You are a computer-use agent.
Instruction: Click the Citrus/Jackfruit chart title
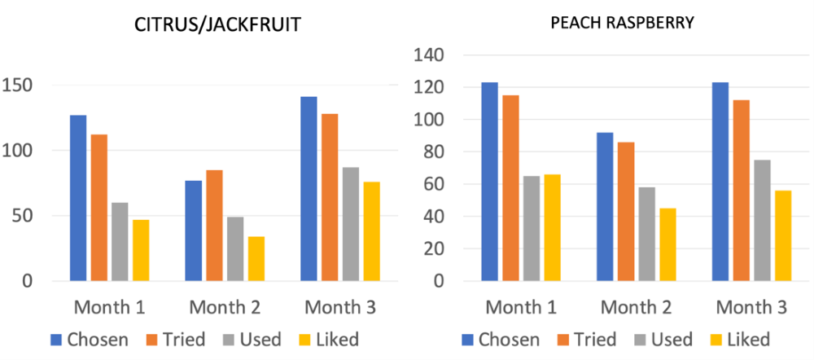(x=217, y=25)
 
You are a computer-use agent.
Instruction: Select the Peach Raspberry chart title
(x=621, y=23)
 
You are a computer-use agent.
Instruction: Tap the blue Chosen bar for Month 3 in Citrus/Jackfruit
(x=309, y=189)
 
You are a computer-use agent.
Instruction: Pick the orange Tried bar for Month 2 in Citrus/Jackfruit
(x=214, y=226)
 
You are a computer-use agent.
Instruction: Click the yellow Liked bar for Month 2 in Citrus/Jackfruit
(x=256, y=259)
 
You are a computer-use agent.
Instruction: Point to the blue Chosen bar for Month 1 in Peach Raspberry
(x=488, y=182)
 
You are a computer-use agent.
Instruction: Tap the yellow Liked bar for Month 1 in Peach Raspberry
(x=552, y=228)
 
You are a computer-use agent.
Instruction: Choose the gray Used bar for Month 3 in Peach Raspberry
(x=761, y=221)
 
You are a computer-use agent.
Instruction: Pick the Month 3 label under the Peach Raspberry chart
(x=753, y=308)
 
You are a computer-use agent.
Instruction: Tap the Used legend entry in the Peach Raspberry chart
(x=661, y=339)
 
